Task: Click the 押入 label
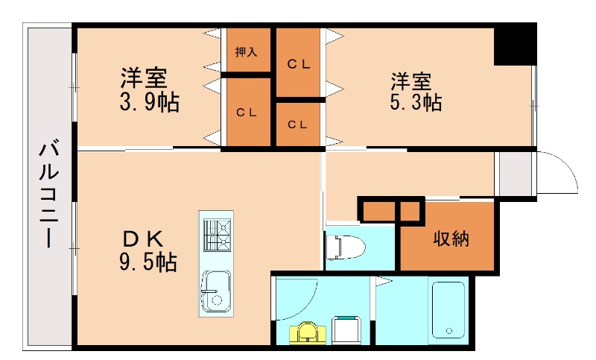(246, 52)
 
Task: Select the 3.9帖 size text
(149, 103)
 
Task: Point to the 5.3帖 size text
(415, 102)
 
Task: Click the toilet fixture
(344, 246)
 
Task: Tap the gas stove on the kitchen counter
(218, 234)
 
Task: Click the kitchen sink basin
(215, 290)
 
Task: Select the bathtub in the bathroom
(448, 310)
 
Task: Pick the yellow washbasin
(308, 332)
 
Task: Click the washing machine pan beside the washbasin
(346, 329)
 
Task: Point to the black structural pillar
(515, 45)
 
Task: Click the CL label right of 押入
(299, 64)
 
